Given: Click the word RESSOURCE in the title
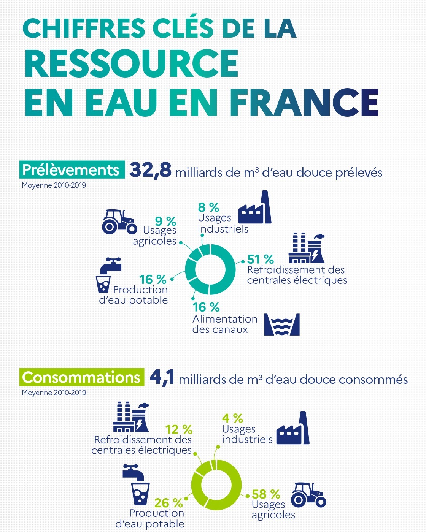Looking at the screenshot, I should click(131, 63).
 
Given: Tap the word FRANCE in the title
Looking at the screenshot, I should click(304, 103).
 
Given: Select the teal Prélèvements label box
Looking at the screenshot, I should click(72, 170).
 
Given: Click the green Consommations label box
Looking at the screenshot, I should click(82, 377).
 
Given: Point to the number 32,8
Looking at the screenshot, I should click(151, 170).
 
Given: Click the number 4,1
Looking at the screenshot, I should click(162, 378).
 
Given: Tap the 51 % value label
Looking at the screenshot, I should click(261, 259).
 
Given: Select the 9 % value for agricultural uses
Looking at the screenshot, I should click(165, 221).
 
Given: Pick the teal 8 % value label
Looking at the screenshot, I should click(208, 207).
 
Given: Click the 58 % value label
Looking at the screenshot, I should click(266, 494).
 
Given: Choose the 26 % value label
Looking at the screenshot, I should click(168, 503).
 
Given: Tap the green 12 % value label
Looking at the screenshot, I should click(179, 429).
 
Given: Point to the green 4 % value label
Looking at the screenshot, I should click(232, 418).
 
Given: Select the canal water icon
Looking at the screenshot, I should click(282, 324).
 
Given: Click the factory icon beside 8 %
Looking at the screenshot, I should click(255, 208).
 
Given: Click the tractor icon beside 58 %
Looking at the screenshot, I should click(308, 495).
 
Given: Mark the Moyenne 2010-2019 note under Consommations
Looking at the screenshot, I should click(54, 393).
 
